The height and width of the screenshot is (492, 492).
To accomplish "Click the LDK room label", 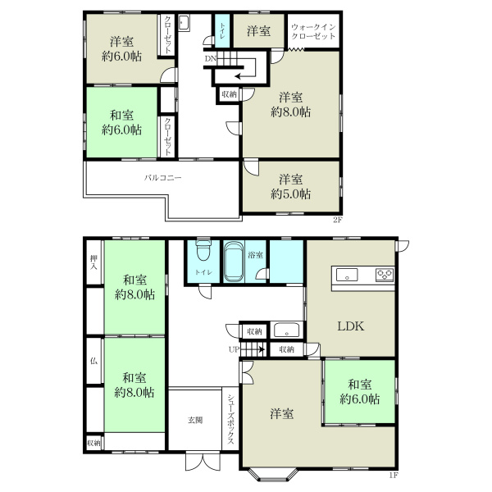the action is coord(350,326).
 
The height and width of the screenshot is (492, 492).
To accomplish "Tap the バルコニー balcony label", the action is coord(163,178).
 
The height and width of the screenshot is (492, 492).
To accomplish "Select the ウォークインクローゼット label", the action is coord(313,31).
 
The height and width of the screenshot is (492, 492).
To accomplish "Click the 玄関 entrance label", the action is coord(195,420).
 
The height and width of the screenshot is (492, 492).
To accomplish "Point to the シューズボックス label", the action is coord(230,419).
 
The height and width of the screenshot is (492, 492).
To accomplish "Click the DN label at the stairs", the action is coord(210,59).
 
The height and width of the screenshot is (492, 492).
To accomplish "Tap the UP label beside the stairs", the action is coord(234,349).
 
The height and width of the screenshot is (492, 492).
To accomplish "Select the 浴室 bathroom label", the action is coord(255,255).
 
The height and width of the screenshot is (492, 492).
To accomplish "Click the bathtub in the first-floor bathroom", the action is coord(234,262).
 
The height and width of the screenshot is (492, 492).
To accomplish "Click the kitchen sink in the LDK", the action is coord(347,275).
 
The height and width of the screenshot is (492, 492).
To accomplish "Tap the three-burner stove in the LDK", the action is coord(385,275).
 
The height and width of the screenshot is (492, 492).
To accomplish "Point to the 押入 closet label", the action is coord(93,262).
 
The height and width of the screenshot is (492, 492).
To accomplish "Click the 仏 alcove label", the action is coord(93,361).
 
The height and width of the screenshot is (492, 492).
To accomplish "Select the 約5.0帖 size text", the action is coord(291,194).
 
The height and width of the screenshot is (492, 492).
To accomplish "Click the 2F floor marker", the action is coord(337,220).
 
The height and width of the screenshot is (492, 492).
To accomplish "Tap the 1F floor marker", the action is coord(394,475).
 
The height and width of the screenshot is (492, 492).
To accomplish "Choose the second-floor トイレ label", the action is coord(222,31).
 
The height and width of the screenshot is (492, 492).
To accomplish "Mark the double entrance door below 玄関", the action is coord(203,461).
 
